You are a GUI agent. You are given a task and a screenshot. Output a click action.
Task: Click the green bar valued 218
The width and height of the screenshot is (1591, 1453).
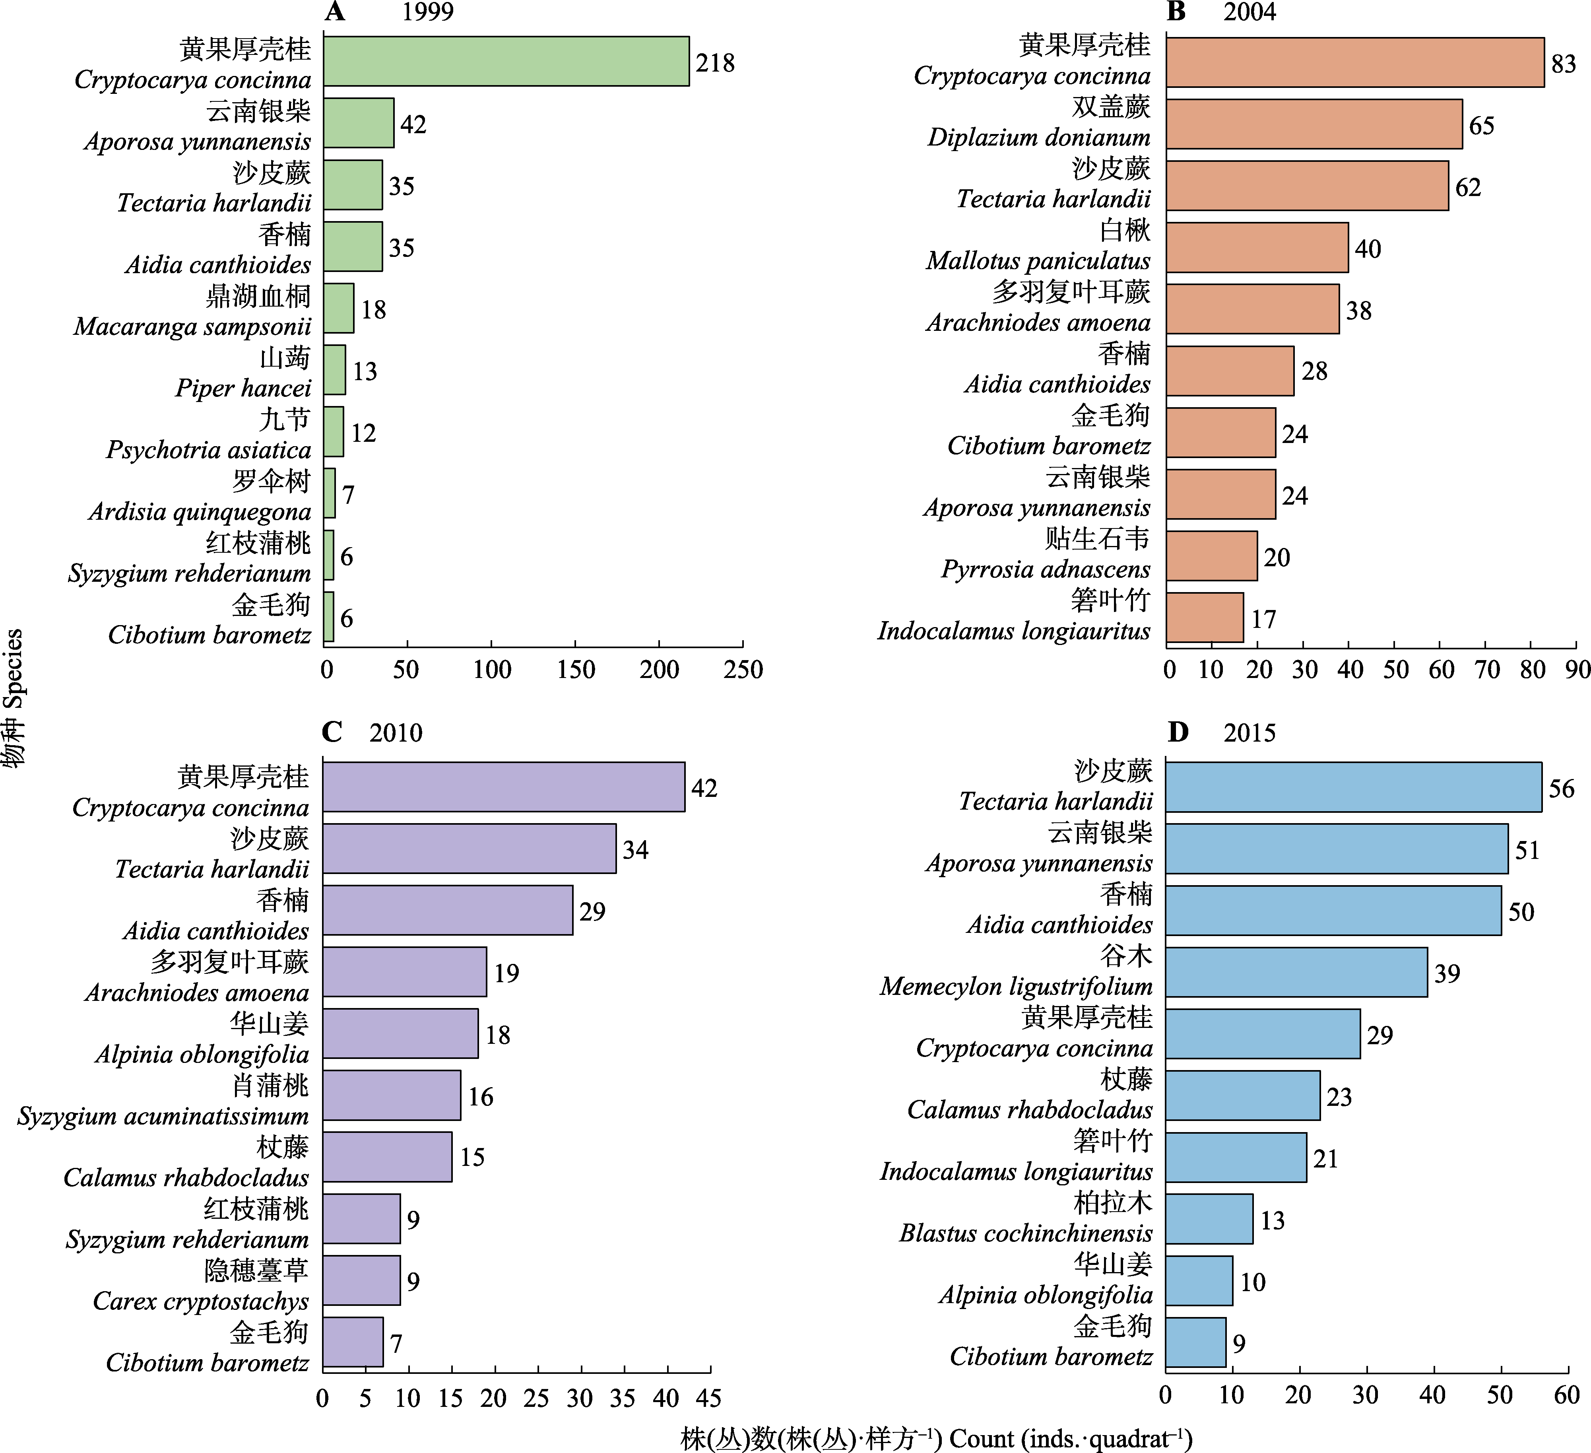506,61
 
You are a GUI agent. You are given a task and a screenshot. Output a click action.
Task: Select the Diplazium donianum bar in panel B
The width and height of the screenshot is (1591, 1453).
1314,124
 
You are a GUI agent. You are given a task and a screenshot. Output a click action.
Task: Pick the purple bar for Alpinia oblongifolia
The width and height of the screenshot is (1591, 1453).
400,1033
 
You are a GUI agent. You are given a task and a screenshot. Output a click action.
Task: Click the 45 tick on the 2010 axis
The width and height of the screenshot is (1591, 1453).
710,1399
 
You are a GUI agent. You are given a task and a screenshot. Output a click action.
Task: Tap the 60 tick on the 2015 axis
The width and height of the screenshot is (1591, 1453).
1566,1395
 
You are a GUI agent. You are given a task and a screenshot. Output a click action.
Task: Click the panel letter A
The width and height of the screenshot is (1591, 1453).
335,12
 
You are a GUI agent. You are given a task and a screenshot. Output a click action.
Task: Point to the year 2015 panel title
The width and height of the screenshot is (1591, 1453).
1249,732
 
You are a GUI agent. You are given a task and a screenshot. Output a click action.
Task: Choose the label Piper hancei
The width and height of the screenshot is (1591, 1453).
243,389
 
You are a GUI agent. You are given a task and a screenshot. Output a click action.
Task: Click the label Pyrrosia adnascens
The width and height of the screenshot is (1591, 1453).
1046,569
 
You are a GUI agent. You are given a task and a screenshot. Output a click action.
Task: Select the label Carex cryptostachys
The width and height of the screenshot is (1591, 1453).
200,1301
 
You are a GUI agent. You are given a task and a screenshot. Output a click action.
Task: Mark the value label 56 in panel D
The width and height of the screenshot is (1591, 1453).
1561,789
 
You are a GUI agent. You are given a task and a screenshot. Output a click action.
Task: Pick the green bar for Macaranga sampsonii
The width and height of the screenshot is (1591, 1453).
339,308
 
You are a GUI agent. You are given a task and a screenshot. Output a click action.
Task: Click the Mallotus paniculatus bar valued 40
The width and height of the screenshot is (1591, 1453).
1257,247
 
